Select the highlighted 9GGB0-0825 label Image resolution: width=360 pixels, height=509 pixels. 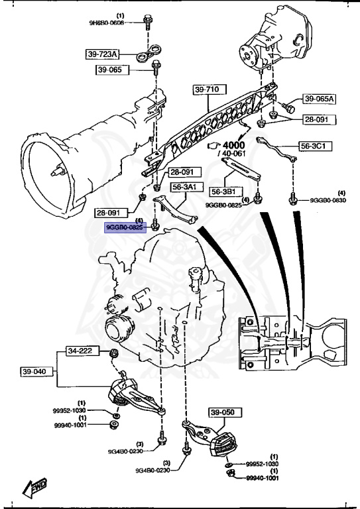[125, 227]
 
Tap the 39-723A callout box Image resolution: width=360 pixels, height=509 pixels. [102, 54]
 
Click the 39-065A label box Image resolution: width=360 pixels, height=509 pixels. [320, 99]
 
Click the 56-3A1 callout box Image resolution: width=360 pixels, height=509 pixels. [185, 188]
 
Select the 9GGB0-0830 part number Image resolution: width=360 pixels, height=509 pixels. [327, 200]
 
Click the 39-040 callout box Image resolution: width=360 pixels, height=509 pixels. [34, 372]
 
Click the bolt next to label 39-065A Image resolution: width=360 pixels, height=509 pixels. [289, 105]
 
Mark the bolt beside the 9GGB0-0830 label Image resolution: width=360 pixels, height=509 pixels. [292, 198]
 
